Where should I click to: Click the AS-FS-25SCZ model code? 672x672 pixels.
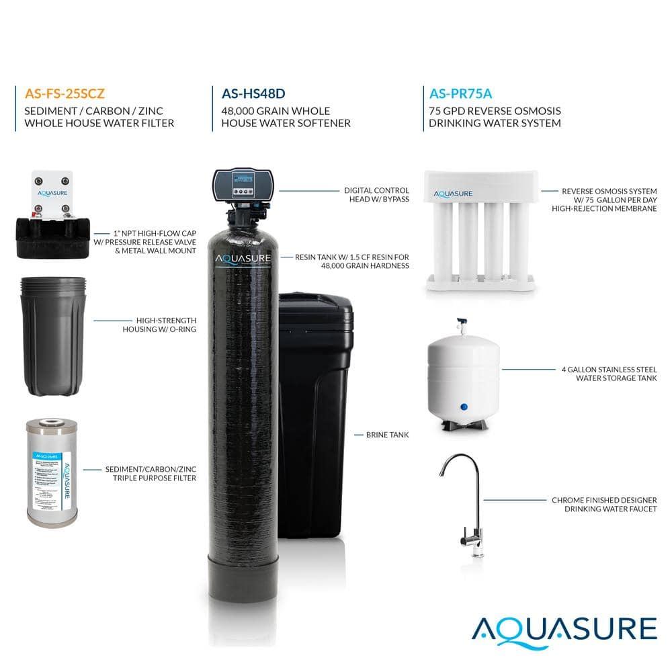point(64,93)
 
